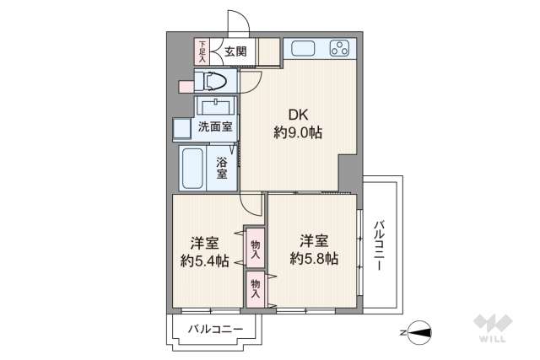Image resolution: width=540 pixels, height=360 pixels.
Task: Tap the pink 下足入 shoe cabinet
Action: click(202, 51)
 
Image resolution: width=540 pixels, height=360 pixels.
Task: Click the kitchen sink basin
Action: click(302, 48)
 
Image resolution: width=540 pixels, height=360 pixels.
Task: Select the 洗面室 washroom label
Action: click(215, 127)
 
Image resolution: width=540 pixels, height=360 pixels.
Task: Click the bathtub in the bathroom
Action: click(192, 168)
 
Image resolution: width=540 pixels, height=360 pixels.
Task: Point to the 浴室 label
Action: click(222, 168)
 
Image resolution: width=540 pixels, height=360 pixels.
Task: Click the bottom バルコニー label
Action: click(216, 329)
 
